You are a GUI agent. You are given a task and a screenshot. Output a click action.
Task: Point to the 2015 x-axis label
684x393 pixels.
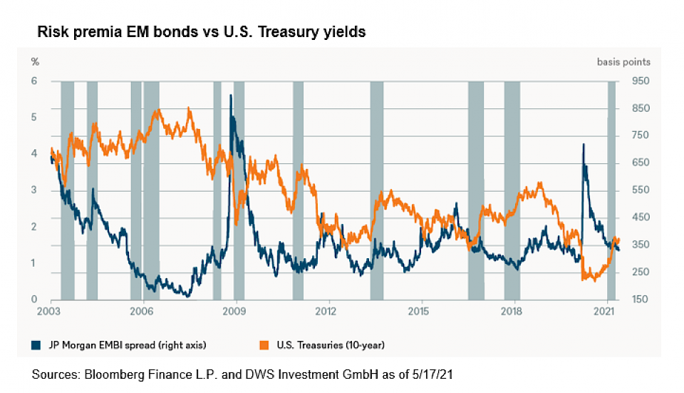point(419,311)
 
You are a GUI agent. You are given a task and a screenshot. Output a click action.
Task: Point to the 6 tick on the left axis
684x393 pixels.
point(33,81)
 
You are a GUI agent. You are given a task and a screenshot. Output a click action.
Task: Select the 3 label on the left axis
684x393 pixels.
point(33,190)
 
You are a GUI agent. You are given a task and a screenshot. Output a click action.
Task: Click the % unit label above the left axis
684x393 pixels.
point(34,61)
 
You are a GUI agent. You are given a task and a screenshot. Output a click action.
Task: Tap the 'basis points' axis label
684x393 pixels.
point(623,61)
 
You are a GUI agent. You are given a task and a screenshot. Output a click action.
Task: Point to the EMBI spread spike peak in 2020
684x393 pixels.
point(584,145)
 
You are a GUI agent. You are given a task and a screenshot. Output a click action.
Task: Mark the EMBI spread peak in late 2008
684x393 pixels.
point(230,96)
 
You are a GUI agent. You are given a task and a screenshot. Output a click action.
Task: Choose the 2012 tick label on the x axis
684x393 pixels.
point(326,311)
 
